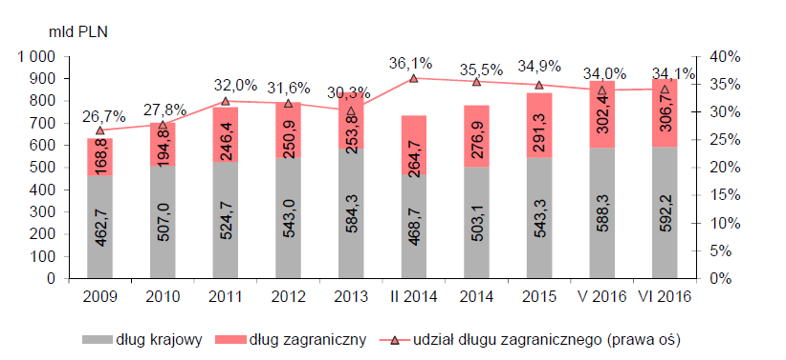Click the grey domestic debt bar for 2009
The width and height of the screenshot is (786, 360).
click(100, 227)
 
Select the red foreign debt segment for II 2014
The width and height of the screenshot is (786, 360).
click(414, 145)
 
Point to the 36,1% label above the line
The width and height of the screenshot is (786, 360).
click(410, 64)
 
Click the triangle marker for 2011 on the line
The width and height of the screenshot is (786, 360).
click(225, 101)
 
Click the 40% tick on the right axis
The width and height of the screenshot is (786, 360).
click(725, 57)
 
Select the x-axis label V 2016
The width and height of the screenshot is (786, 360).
click(602, 296)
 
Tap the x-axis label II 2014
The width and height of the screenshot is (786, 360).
click(414, 296)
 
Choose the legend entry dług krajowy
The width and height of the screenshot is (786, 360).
click(142, 340)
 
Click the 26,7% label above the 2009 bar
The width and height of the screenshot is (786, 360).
click(104, 117)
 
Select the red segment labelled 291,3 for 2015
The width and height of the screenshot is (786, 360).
click(539, 125)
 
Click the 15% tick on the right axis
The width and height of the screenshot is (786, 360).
click(725, 196)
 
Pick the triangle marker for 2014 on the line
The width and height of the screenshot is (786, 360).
click(476, 82)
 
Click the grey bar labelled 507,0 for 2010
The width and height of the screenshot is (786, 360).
click(163, 222)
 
